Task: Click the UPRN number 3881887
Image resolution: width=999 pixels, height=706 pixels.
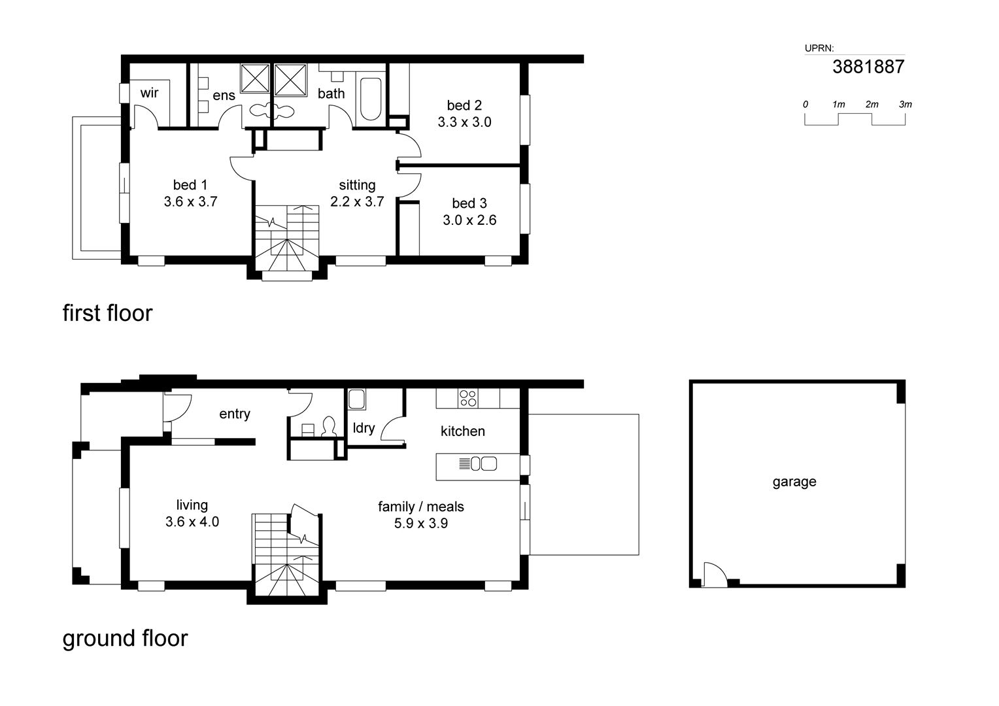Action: coord(868,67)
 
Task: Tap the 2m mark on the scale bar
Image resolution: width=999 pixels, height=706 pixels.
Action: coord(872,105)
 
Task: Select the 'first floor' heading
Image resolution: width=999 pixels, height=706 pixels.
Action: coord(107,313)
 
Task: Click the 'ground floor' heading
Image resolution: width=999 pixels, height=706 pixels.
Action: coord(125,638)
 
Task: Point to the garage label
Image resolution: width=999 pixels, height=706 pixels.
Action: coord(794,482)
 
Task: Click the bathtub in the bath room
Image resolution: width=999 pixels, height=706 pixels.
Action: coord(370,99)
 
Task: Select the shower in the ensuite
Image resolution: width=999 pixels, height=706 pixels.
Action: coord(255,79)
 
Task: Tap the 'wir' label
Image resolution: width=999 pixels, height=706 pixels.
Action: coord(149,93)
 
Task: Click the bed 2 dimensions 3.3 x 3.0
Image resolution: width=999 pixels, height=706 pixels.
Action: coord(464,122)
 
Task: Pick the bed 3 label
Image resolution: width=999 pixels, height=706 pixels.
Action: coord(469,203)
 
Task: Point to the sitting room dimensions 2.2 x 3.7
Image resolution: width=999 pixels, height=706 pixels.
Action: coord(357,202)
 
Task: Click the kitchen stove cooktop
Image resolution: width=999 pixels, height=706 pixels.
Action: coord(467,398)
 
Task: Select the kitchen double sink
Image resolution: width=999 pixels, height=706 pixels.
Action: coord(483,464)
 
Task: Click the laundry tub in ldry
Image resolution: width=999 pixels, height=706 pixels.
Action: coord(356,398)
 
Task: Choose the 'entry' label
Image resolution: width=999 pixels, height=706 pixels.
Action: coord(234,414)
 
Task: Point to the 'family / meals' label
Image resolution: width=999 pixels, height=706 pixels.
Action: coord(420,507)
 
